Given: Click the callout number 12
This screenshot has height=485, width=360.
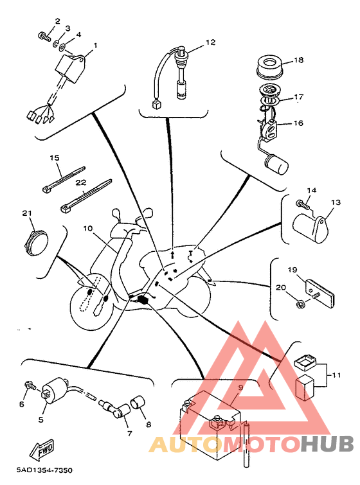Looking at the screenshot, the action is [210, 42].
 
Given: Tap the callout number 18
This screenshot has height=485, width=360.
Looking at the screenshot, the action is [299, 60].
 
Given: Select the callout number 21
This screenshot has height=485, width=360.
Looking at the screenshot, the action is [27, 213].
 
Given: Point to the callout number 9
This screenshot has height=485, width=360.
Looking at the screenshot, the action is [241, 387].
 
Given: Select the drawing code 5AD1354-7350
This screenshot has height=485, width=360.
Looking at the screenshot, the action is [44, 470].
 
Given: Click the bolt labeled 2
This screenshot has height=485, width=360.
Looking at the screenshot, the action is [44, 37].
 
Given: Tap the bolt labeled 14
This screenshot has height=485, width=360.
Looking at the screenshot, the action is [303, 204].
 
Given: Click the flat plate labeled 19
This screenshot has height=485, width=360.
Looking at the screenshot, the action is [320, 293].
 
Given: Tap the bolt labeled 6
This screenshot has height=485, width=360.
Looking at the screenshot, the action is [30, 385].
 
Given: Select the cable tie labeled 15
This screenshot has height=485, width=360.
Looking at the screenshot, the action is [63, 179].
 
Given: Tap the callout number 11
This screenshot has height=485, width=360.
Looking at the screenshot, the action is [336, 375].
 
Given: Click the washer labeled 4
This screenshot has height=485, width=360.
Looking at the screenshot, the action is [62, 48].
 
